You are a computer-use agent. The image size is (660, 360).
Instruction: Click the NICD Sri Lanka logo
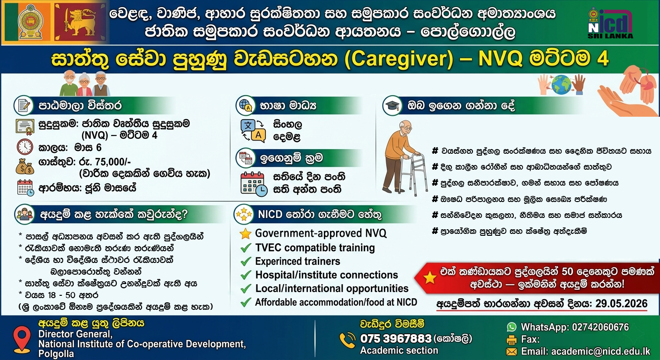click(x=610, y=23)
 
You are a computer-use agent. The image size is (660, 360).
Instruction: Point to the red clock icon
click(x=25, y=147)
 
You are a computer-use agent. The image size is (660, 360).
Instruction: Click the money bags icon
click(x=25, y=167)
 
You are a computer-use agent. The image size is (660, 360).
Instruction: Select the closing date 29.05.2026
click(x=621, y=303)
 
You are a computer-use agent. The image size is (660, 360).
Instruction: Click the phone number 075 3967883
click(x=396, y=338)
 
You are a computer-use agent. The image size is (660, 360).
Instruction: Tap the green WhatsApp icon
click(x=512, y=327)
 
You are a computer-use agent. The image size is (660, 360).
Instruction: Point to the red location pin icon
click(x=22, y=339)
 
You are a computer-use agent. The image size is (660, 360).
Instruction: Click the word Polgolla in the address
click(x=56, y=353)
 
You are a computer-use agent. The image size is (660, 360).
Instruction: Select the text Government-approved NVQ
click(x=321, y=233)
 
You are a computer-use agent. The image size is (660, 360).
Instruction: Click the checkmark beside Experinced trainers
click(x=246, y=261)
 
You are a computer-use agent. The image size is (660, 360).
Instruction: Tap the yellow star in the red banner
click(x=429, y=277)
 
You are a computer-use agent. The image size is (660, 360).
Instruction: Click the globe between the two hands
click(x=561, y=85)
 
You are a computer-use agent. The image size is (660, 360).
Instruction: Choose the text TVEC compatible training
click(x=315, y=248)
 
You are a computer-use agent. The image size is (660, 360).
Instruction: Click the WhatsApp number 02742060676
click(x=600, y=327)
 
